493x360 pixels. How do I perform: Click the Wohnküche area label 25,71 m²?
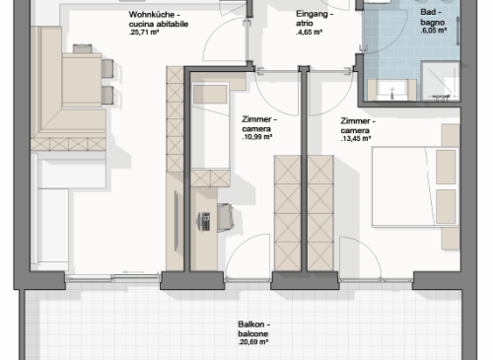click(144, 33)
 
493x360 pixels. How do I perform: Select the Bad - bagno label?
click(433, 17)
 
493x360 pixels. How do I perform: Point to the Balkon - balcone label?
click(253, 328)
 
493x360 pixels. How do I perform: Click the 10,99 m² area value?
click(256, 137)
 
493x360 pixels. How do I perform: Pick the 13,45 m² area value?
click(356, 138)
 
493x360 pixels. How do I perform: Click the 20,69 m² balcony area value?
click(253, 342)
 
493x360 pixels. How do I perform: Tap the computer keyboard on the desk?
click(206, 221)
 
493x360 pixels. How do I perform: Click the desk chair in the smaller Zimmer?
click(226, 217)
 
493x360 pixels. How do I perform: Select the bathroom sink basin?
click(392, 90)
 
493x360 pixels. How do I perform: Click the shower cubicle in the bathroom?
click(441, 81)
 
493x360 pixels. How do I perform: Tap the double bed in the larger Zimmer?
click(415, 187)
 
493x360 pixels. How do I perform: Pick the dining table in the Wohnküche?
click(82, 80)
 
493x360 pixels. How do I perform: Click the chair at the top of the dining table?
click(82, 48)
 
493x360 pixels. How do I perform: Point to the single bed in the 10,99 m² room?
click(210, 126)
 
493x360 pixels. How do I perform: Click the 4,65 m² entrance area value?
click(309, 33)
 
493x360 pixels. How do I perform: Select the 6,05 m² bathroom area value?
click(433, 31)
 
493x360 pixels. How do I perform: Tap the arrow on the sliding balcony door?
click(133, 272)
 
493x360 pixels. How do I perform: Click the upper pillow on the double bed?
click(446, 167)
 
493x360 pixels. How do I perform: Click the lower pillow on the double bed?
click(446, 207)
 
